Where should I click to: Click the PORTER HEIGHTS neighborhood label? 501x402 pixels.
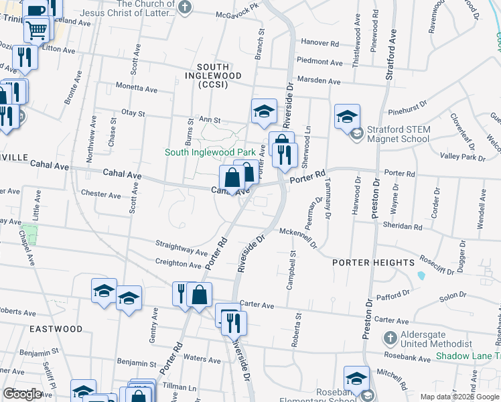pyautogui.click(x=374, y=263)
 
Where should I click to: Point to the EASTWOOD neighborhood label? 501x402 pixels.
pyautogui.click(x=56, y=329)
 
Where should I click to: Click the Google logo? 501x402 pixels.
pyautogui.click(x=22, y=394)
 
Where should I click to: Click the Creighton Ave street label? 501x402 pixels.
pyautogui.click(x=178, y=264)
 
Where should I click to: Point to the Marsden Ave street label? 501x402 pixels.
pyautogui.click(x=319, y=81)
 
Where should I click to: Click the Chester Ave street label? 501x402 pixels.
pyautogui.click(x=100, y=194)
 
